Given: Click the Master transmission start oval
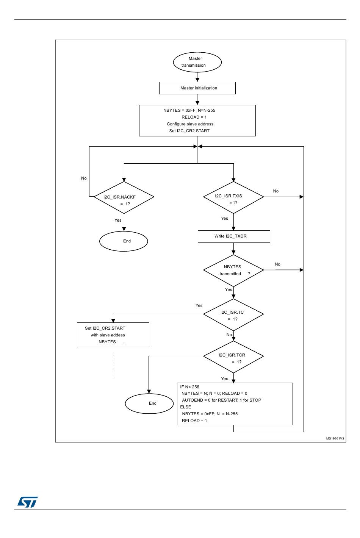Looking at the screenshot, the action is [197, 62].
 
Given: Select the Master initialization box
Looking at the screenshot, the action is [197, 88].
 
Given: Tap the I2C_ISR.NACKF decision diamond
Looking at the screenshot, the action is [124, 197].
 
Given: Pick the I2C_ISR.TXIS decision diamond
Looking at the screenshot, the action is [233, 197].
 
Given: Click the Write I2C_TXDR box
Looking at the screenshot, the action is [234, 236].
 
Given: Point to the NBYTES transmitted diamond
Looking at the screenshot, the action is [233, 271].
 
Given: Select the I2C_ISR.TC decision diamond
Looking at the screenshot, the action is [233, 314].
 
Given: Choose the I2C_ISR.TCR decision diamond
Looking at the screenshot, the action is [233, 357].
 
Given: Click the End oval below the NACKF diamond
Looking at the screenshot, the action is [124, 241].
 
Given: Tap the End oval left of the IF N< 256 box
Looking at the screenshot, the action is [149, 403].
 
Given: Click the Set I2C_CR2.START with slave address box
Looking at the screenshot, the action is [113, 335].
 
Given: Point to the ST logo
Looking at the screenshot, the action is [28, 502].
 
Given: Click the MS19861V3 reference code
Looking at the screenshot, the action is [335, 438].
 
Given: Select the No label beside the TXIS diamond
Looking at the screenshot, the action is [276, 191].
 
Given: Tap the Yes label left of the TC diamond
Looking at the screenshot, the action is [199, 305].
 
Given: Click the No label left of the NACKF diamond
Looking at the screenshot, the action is [84, 178].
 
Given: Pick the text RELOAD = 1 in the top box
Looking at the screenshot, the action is [194, 117].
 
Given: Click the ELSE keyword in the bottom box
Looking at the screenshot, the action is [186, 407].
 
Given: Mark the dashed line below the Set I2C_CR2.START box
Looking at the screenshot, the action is [113, 364].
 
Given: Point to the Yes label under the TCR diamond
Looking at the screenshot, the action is [225, 378].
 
